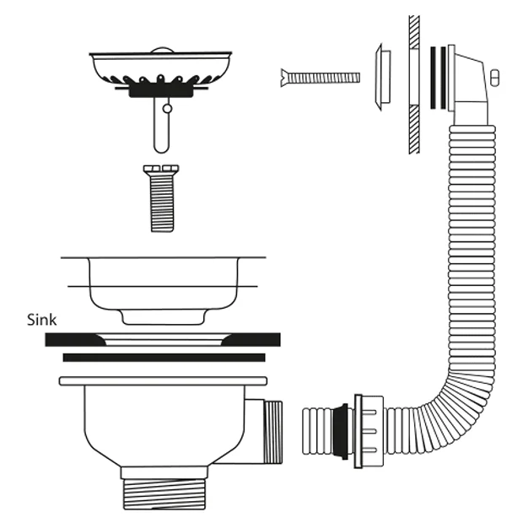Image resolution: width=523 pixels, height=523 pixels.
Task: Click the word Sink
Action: [x=41, y=320]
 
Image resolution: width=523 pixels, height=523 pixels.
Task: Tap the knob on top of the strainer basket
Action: [x=162, y=50]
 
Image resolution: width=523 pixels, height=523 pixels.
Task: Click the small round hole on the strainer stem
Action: [x=167, y=109]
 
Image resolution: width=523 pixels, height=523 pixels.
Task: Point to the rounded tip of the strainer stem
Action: [x=161, y=149]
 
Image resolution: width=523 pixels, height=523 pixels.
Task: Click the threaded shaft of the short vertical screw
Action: [x=162, y=203]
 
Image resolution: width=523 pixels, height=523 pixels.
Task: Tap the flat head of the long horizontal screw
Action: [x=284, y=78]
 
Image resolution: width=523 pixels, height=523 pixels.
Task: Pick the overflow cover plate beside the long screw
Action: [x=382, y=78]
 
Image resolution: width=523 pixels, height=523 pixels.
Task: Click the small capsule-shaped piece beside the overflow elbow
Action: [x=494, y=78]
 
